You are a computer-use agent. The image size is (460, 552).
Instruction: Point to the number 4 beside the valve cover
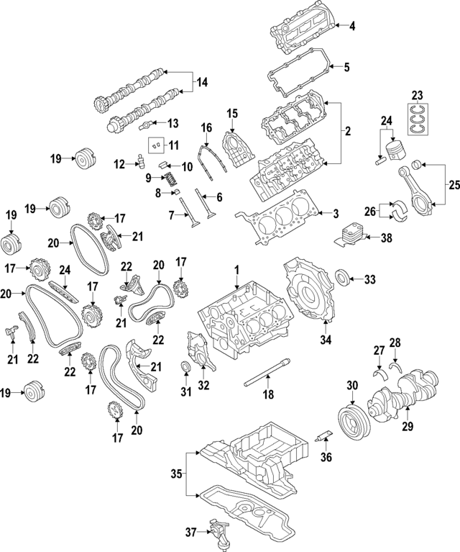tap(351, 27)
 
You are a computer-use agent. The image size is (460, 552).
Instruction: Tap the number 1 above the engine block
tap(235, 270)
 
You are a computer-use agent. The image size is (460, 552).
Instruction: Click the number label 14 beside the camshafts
tap(200, 84)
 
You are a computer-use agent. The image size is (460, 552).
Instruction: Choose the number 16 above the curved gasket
tap(206, 129)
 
